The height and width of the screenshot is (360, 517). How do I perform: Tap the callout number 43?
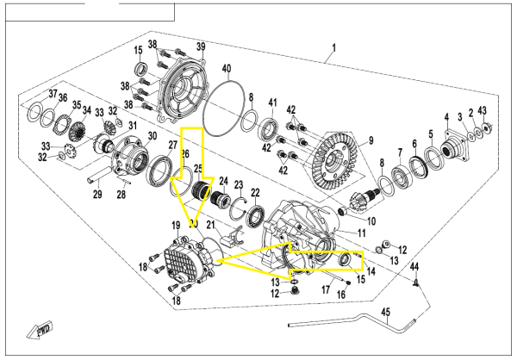(482, 110)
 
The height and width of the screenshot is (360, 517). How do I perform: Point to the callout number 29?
(97, 193)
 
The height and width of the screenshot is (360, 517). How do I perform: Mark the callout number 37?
(53, 94)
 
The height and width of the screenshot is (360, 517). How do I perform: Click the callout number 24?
(221, 180)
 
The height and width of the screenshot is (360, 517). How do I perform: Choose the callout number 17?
(327, 290)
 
